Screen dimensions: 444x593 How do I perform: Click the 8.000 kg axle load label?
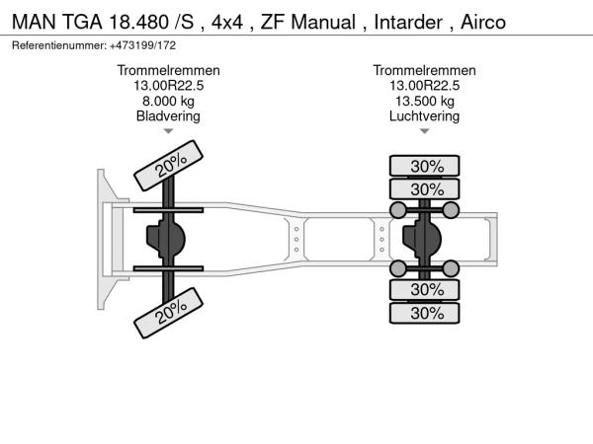pyautogui.click(x=168, y=101)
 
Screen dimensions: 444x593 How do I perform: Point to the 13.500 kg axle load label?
pyautogui.click(x=425, y=101)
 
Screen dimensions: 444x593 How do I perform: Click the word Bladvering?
pyautogui.click(x=168, y=116)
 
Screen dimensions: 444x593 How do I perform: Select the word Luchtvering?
pyautogui.click(x=425, y=116)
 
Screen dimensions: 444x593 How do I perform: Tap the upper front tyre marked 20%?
pyautogui.click(x=171, y=165)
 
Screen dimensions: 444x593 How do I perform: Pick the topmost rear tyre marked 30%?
pyautogui.click(x=426, y=165)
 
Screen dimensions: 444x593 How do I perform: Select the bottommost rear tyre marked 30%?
pyautogui.click(x=426, y=313)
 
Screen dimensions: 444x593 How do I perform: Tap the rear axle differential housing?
pyautogui.click(x=424, y=238)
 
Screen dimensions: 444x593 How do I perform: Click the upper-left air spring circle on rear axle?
pyautogui.click(x=399, y=209)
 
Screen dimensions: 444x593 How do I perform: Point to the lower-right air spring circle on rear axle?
pyautogui.click(x=451, y=267)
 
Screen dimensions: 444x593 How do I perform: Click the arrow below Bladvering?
pyautogui.click(x=168, y=131)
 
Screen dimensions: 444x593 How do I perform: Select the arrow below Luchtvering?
pyautogui.click(x=425, y=131)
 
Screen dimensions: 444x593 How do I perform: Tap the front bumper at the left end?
pyautogui.click(x=103, y=238)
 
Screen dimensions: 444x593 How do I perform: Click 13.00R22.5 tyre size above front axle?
pyautogui.click(x=168, y=86)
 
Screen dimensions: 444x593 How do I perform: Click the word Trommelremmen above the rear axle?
pyautogui.click(x=425, y=70)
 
